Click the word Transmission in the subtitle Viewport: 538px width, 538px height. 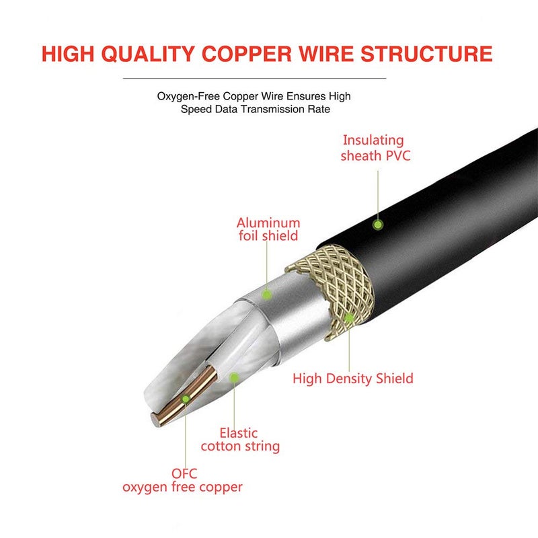[268, 109]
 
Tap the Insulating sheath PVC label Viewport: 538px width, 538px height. [374, 148]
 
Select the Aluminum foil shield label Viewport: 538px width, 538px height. [268, 229]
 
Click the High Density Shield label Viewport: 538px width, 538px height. [352, 379]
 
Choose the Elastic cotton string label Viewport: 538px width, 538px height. [239, 439]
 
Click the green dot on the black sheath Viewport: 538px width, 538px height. [378, 224]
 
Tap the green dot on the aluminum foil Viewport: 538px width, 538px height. [267, 295]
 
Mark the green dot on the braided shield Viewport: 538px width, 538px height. [349, 316]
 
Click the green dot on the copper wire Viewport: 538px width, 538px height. [186, 400]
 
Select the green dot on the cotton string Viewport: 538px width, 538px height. [234, 378]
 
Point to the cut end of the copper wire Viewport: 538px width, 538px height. [159, 418]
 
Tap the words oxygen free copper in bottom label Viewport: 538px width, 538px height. [182, 487]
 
